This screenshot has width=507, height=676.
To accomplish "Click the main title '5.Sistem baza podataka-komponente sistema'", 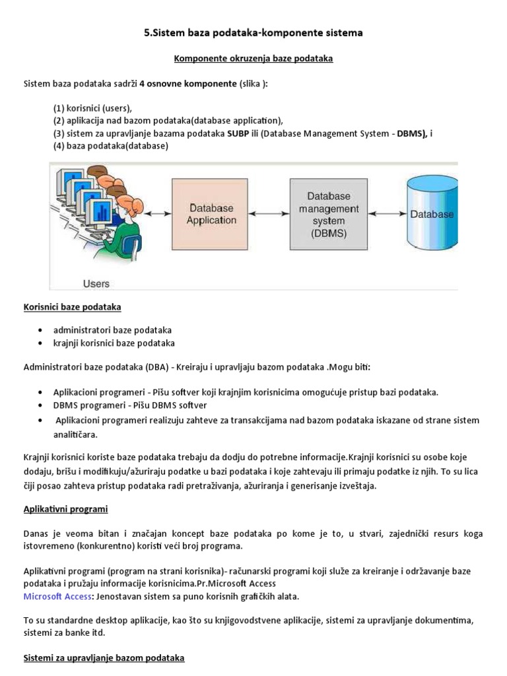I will click(253, 32).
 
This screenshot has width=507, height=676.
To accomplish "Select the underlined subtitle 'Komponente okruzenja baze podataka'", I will click(253, 59).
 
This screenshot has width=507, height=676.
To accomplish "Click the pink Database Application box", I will click(211, 214).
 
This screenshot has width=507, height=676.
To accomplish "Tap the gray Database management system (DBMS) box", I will click(329, 214).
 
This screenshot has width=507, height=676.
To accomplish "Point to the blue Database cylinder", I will click(432, 214).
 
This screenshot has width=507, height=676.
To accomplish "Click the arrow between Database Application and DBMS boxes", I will click(269, 214).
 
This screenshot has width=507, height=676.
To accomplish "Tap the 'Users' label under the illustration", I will click(96, 283).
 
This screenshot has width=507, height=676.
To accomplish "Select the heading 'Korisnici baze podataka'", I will click(72, 308).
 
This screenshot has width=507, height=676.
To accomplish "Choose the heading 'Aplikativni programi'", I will click(65, 510).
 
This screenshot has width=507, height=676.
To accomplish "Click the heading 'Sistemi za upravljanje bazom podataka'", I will click(104, 658).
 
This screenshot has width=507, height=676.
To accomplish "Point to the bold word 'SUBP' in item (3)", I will click(239, 133).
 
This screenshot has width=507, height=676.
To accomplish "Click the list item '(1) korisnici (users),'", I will click(92, 108).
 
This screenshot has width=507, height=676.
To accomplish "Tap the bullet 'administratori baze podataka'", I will click(112, 330).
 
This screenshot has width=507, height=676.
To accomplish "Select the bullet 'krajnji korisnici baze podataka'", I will click(114, 343).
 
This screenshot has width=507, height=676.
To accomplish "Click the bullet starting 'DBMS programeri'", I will click(129, 405).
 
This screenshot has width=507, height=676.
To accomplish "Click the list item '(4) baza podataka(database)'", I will click(111, 146).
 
